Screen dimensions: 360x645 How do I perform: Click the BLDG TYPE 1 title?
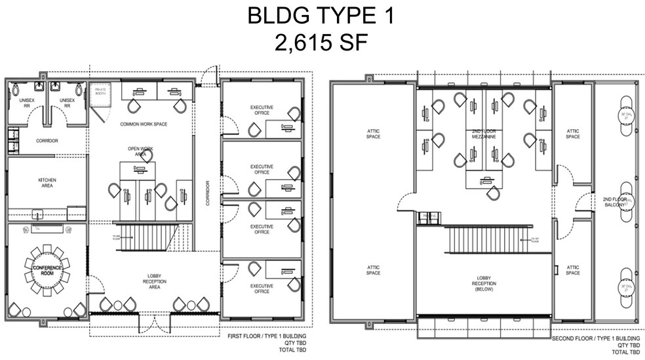click(x=321, y=16)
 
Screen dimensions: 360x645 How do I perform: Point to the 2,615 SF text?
click(x=321, y=43)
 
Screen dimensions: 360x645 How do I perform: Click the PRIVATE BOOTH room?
click(x=101, y=92)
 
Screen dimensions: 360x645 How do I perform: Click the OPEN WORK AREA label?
click(x=138, y=150)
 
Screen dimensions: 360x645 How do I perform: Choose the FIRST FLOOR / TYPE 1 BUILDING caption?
click(x=267, y=336)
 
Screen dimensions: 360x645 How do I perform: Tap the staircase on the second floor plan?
click(x=488, y=240)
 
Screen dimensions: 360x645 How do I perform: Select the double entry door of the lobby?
click(x=155, y=321)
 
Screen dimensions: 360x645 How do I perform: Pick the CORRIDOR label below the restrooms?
click(x=47, y=140)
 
